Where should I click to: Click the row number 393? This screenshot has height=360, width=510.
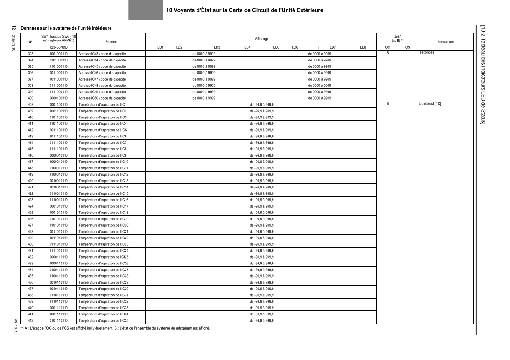(x=31, y=54)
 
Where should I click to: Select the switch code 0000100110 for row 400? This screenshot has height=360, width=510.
(x=58, y=98)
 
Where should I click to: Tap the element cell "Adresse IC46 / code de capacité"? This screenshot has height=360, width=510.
(x=102, y=73)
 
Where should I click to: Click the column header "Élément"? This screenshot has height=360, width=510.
(x=111, y=41)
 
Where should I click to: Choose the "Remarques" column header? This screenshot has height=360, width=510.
(x=445, y=41)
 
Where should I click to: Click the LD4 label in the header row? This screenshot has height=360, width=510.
(x=247, y=47)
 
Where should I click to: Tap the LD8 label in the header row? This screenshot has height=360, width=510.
(x=363, y=47)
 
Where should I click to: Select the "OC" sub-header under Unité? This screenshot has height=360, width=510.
(x=388, y=47)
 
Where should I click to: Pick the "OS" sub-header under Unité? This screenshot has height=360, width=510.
(x=407, y=47)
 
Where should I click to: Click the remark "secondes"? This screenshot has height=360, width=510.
(x=427, y=53)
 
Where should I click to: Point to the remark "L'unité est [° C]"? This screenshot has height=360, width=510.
(x=429, y=104)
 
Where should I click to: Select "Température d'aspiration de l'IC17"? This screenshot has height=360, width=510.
(x=103, y=206)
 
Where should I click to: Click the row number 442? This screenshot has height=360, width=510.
(x=31, y=320)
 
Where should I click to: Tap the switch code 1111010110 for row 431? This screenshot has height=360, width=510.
(x=58, y=251)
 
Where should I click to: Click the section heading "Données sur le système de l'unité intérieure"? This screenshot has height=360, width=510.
(x=69, y=28)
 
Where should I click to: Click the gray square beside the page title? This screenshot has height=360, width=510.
(x=146, y=10)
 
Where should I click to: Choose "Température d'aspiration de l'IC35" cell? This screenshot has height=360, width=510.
(x=103, y=320)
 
